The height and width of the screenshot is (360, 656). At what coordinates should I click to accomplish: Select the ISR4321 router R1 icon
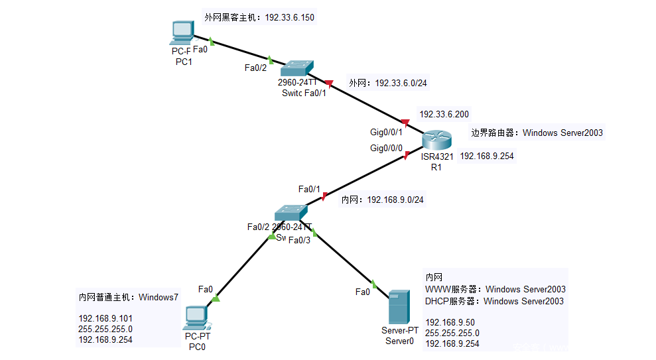coord(436,141)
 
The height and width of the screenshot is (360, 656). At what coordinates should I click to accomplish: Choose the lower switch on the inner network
coord(291,213)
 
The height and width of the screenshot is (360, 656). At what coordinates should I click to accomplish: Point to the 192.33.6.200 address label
coord(444,114)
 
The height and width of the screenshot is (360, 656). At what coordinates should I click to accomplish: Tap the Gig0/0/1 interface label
coord(386,131)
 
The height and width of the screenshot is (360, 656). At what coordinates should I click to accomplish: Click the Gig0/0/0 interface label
coord(386,148)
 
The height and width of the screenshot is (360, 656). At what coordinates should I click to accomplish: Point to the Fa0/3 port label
coord(298,240)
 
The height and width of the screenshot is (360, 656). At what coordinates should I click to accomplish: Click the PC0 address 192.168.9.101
coord(105,318)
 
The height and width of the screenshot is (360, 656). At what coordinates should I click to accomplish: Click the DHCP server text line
coord(494,301)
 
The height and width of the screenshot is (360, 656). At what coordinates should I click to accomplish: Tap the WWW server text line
coord(495,289)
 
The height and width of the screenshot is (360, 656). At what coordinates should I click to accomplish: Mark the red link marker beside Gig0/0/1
coord(406,122)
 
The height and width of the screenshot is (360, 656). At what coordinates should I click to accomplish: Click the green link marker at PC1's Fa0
coord(211,40)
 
